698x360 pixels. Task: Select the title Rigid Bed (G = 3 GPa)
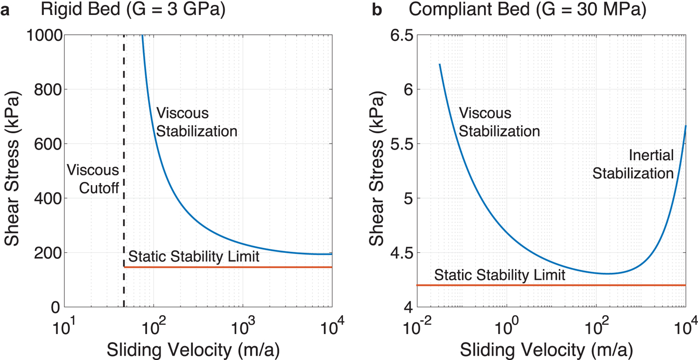pyautogui.click(x=133, y=10)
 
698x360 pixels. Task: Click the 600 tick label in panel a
pyautogui.click(x=45, y=144)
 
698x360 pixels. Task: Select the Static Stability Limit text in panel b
pyautogui.click(x=500, y=275)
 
